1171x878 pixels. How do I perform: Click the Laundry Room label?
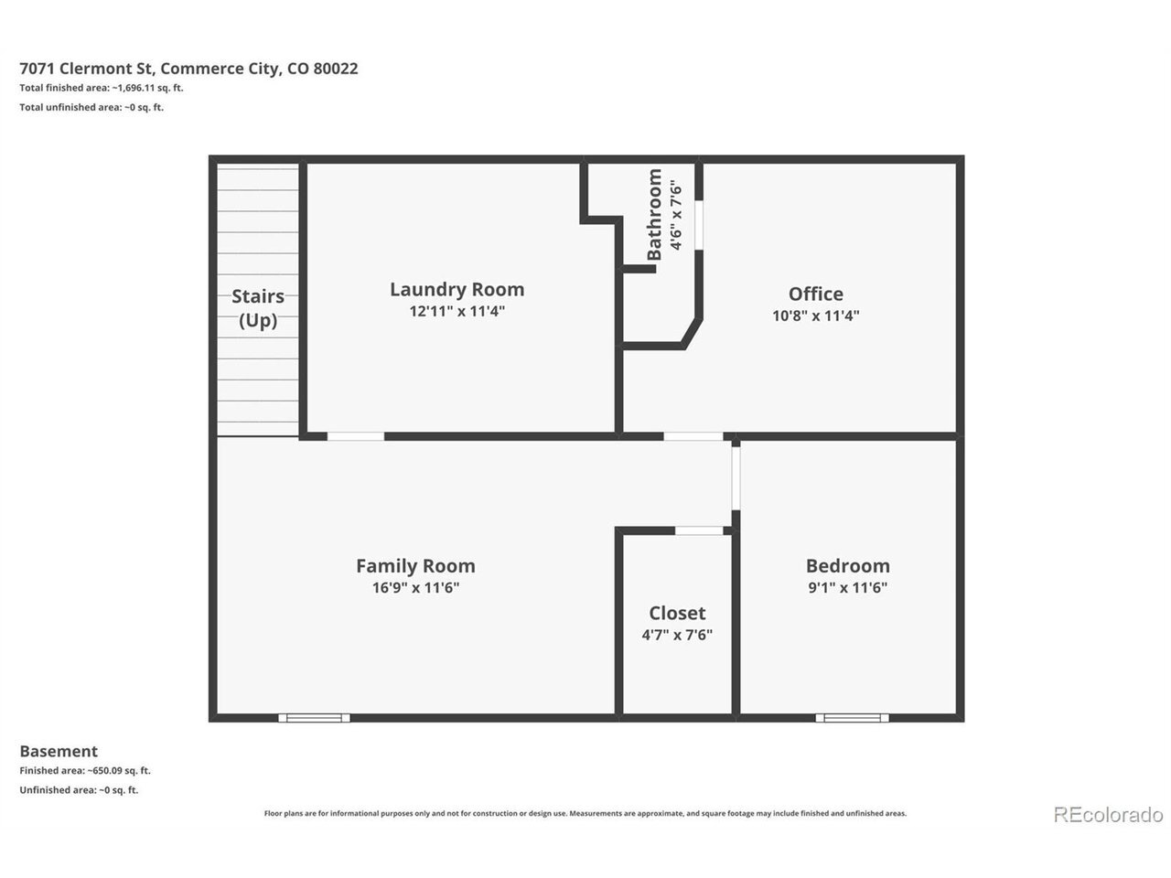(457, 290)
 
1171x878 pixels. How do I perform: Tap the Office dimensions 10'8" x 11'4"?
(815, 316)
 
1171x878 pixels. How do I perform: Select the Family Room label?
(415, 565)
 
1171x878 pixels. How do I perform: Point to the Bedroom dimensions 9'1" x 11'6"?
(847, 587)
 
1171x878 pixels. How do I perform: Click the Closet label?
(677, 613)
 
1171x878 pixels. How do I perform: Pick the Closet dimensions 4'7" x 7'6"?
(677, 635)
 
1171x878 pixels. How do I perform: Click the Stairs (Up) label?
(258, 308)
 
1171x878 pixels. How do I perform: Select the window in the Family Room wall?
(314, 718)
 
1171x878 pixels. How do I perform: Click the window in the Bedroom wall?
(852, 718)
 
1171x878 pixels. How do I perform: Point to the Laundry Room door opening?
(355, 436)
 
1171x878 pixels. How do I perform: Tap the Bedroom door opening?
(736, 478)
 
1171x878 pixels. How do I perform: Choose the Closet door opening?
(699, 530)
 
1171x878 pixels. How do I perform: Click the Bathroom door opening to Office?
(699, 224)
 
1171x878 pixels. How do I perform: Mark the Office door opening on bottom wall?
(693, 436)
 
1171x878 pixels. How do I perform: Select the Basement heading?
(59, 751)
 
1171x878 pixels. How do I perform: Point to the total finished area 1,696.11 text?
(102, 88)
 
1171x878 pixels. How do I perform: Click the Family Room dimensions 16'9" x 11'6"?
(415, 587)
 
